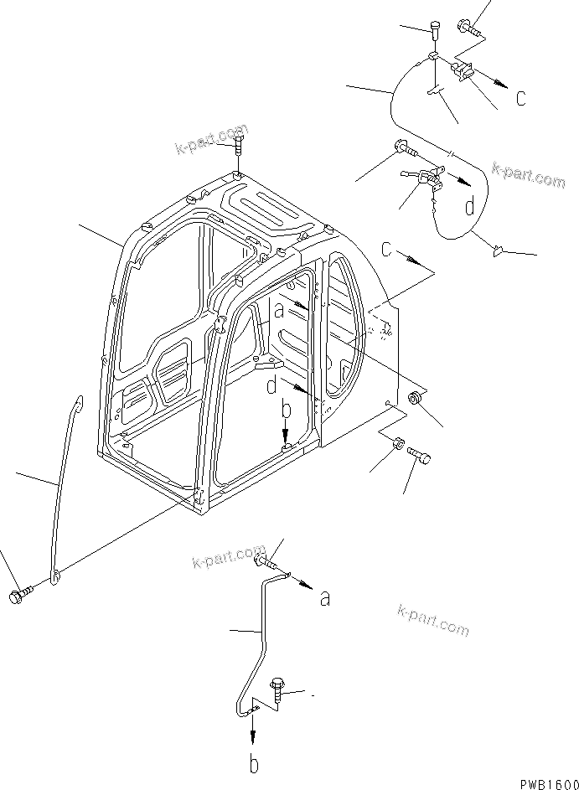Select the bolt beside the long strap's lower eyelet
[18, 596]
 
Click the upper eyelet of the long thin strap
[78, 405]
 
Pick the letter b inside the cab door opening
[285, 410]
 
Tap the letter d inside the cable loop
[471, 205]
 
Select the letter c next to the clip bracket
[520, 98]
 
